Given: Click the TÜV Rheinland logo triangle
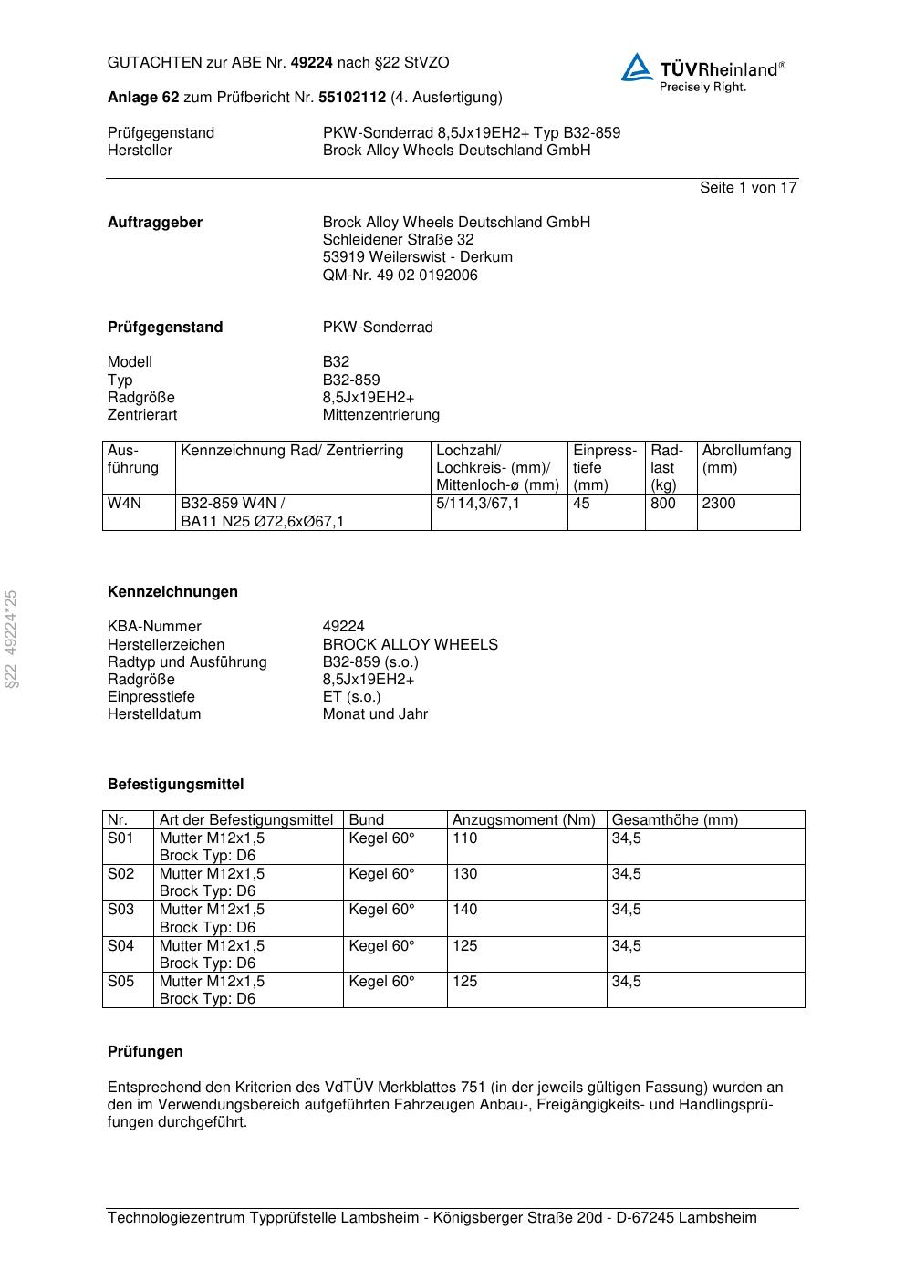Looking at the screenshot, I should tap(637, 68).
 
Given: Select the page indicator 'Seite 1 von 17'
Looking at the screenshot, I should tap(748, 188).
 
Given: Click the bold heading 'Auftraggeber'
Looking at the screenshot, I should tap(155, 223).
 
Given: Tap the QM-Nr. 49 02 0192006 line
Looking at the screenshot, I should tap(400, 276).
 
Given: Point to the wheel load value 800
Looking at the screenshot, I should tap(663, 504).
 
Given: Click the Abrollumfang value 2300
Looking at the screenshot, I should tap(719, 504).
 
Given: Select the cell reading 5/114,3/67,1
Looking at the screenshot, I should tap(478, 504).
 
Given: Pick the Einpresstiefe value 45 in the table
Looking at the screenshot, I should tap(582, 504).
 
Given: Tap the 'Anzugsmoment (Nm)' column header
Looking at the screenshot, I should tap(524, 820).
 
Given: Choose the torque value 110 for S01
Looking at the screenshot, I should tap(464, 838).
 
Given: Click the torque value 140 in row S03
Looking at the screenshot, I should tap(464, 910).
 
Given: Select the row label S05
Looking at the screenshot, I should tap(120, 982).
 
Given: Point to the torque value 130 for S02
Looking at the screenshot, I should tap(464, 874).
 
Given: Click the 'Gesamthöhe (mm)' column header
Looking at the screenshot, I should tap(674, 820).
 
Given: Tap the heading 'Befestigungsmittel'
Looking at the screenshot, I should tap(175, 785).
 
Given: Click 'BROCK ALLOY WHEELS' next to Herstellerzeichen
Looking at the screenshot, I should tap(410, 645).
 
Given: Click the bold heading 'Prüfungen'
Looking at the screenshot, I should tap(145, 1052).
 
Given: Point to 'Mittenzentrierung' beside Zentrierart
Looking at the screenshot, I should tap(380, 415).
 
